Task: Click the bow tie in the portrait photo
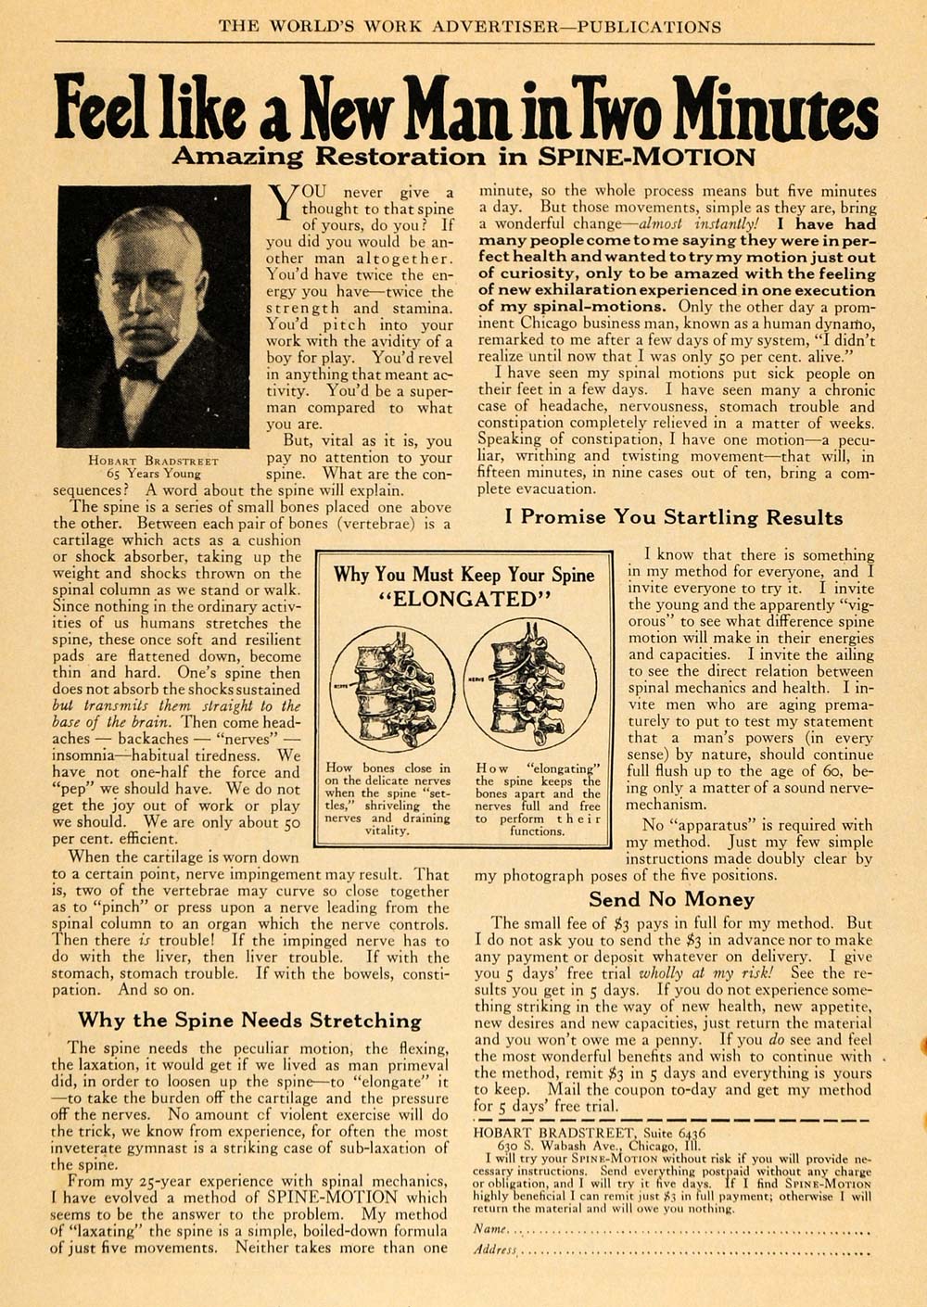click(139, 371)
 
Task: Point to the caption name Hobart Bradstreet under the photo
click(154, 460)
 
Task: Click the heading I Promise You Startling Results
click(674, 517)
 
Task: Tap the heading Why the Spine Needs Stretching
click(249, 1021)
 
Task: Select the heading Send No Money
click(672, 899)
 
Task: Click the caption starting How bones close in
click(388, 799)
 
